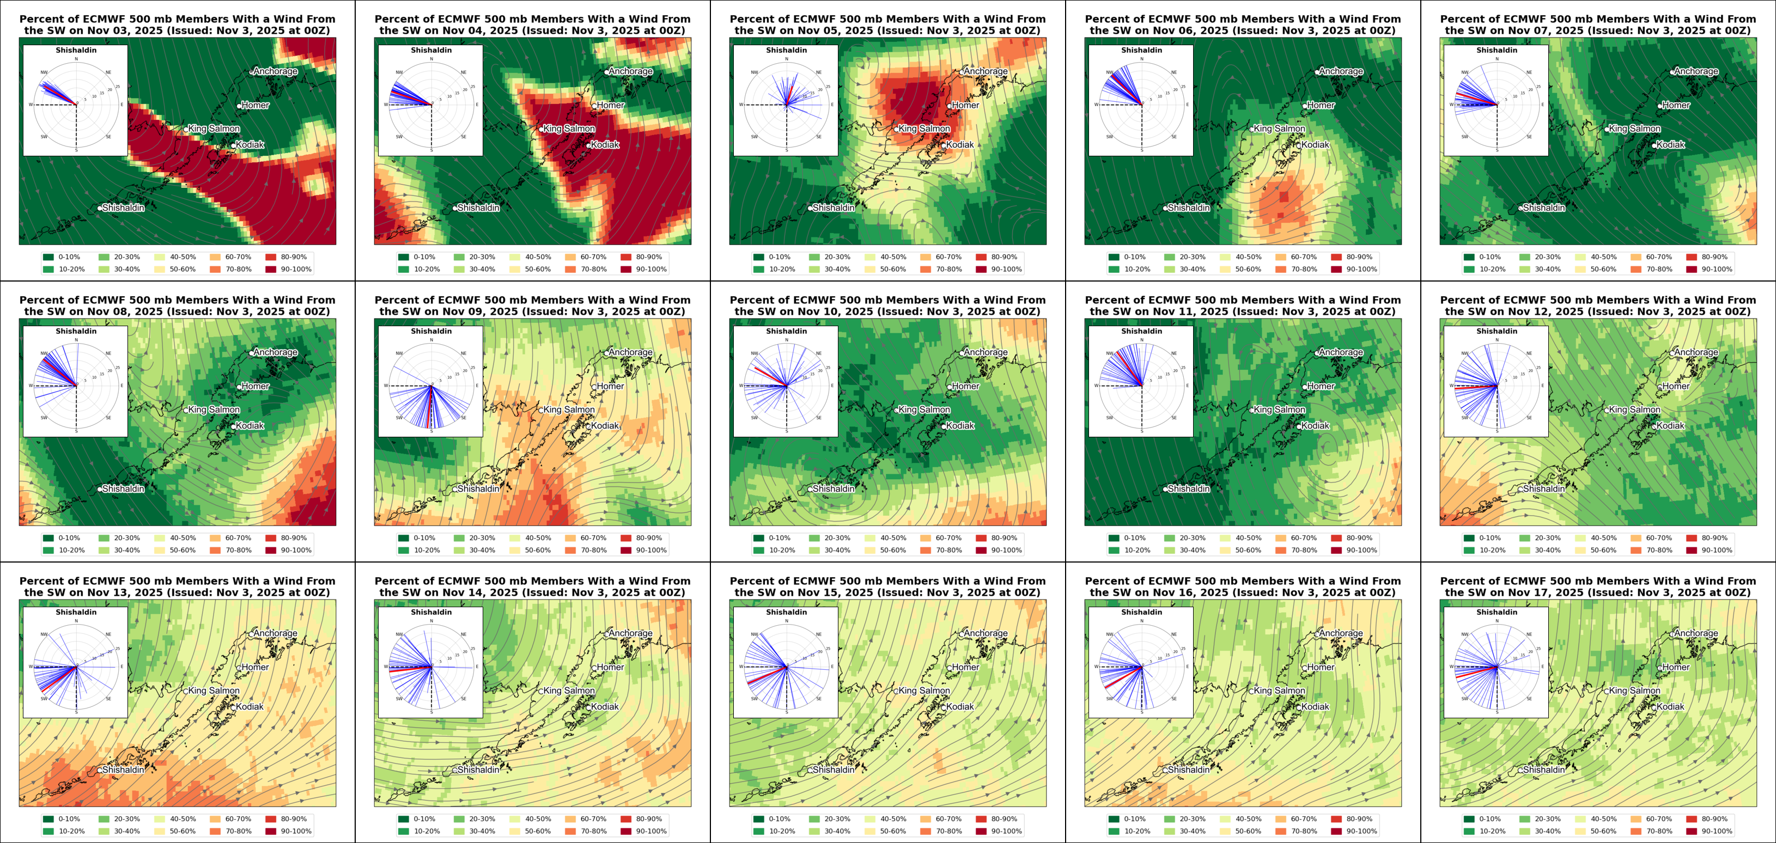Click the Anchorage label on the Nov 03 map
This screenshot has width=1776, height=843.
pyautogui.click(x=275, y=71)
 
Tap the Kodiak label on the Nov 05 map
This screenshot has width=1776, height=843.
pyautogui.click(x=960, y=145)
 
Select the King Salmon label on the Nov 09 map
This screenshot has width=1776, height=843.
pyautogui.click(x=569, y=410)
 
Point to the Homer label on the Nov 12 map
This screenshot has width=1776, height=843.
pyautogui.click(x=1675, y=386)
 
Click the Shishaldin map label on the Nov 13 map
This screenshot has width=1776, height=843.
pyautogui.click(x=124, y=770)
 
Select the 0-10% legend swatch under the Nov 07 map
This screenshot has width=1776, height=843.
pyautogui.click(x=1469, y=257)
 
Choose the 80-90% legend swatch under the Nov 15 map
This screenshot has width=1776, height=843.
pyautogui.click(x=981, y=819)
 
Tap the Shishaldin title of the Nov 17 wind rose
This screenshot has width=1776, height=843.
pyautogui.click(x=1496, y=612)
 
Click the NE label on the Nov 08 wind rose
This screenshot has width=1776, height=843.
pyautogui.click(x=108, y=353)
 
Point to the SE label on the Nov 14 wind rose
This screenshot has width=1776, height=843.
pyautogui.click(x=463, y=699)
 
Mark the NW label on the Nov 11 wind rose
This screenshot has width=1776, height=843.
pyautogui.click(x=1109, y=353)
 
